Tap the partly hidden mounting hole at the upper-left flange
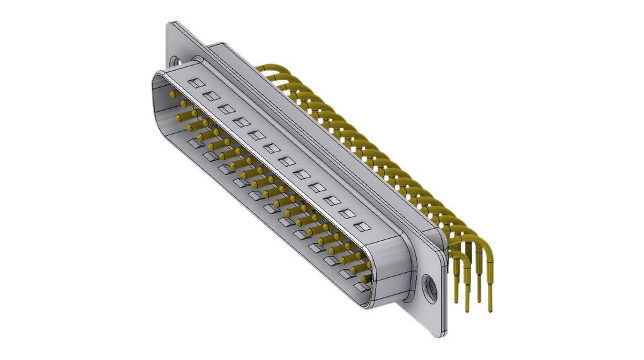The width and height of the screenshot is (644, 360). (174, 60)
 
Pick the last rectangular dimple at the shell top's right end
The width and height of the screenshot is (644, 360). (361, 225)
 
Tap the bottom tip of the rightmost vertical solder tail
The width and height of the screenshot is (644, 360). (491, 311)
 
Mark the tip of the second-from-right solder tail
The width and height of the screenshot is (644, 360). (479, 300)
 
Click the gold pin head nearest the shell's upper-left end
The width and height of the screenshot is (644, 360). (173, 93)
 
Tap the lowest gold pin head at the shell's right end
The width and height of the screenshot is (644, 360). (366, 278)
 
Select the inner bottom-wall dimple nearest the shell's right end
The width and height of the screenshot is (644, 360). (361, 287)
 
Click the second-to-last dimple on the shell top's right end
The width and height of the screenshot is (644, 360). (346, 213)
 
